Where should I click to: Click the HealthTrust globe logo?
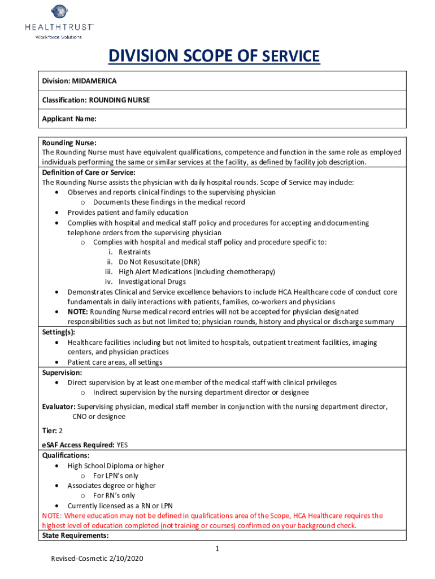pyautogui.click(x=59, y=12)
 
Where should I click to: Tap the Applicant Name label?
pyautogui.click(x=69, y=119)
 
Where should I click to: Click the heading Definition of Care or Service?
pyautogui.click(x=89, y=172)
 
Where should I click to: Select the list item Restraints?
pyautogui.click(x=134, y=252)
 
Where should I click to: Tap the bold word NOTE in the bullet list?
pyautogui.click(x=77, y=312)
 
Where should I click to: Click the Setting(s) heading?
pyautogui.click(x=59, y=332)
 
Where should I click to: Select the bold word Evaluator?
pyautogui.click(x=59, y=407)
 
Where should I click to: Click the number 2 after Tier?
pyautogui.click(x=60, y=430)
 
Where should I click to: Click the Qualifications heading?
pyautogui.click(x=66, y=455)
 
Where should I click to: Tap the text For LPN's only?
pyautogui.click(x=115, y=476)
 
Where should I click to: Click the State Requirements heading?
pyautogui.click(x=75, y=535)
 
